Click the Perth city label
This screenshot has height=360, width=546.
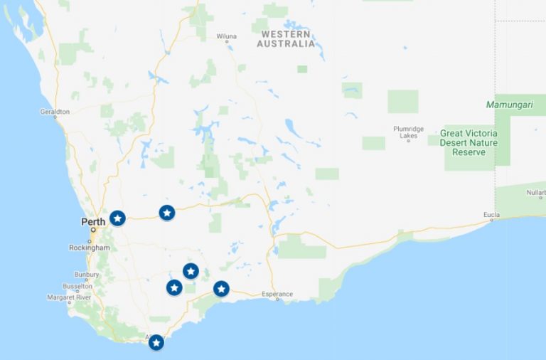tap(93, 221)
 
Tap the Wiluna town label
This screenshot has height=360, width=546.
tap(226, 35)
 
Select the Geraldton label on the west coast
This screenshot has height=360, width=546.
tap(55, 112)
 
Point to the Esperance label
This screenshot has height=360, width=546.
tap(277, 294)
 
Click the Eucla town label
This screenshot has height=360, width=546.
tap(491, 215)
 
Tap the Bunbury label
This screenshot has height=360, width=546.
tap(87, 274)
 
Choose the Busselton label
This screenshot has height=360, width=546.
tap(77, 286)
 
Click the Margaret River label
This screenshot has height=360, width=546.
tap(69, 297)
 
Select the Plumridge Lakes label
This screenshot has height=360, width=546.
tap(409, 132)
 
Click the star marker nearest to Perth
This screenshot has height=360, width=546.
tap(118, 218)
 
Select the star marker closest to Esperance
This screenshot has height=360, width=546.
tap(221, 288)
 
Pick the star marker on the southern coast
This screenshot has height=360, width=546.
tap(156, 343)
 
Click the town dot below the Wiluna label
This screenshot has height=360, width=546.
tap(227, 41)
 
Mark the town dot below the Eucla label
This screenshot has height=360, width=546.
tap(491, 221)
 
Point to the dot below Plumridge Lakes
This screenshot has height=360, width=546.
tap(408, 141)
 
